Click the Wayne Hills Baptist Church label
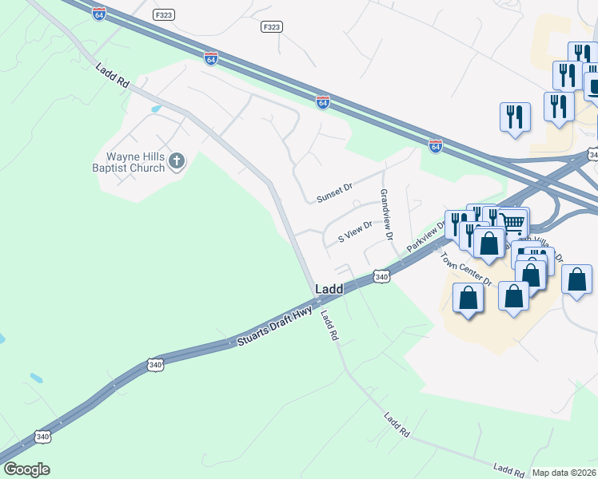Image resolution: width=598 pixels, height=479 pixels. [131, 162]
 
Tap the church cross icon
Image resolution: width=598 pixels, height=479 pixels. [177, 162]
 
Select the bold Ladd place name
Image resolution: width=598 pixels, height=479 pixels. [329, 288]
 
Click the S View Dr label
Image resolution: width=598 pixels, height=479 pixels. [355, 232]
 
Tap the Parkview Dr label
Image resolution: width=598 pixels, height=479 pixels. [425, 238]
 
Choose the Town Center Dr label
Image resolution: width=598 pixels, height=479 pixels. [464, 268]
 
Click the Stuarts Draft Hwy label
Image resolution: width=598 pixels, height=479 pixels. [275, 328]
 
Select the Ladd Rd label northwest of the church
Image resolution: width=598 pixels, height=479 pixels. [112, 77]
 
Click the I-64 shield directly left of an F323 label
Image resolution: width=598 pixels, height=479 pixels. [98, 15]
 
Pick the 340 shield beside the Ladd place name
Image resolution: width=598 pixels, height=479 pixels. [381, 277]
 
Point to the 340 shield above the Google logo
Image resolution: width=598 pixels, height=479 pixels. [42, 436]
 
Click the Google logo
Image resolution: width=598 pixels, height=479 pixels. [26, 469]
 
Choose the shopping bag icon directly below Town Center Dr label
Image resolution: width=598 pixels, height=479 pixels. [468, 299]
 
